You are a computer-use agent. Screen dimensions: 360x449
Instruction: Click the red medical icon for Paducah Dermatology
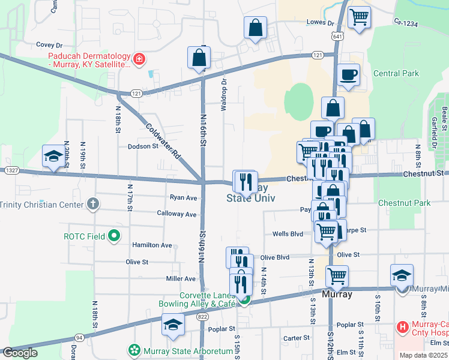[x=139, y=58]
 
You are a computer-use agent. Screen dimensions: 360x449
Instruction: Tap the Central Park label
[x=396, y=73]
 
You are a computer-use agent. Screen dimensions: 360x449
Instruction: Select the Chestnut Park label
[x=404, y=203]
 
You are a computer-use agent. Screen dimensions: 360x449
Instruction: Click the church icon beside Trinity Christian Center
[x=92, y=204]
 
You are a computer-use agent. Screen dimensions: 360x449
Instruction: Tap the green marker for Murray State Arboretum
[x=133, y=350]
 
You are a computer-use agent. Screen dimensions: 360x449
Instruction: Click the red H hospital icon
[x=403, y=328]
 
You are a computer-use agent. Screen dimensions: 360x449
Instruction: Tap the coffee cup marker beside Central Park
[x=349, y=75]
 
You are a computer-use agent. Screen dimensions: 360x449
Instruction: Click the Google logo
[x=19, y=352]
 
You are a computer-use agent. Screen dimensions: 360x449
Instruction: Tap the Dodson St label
[x=142, y=146]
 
